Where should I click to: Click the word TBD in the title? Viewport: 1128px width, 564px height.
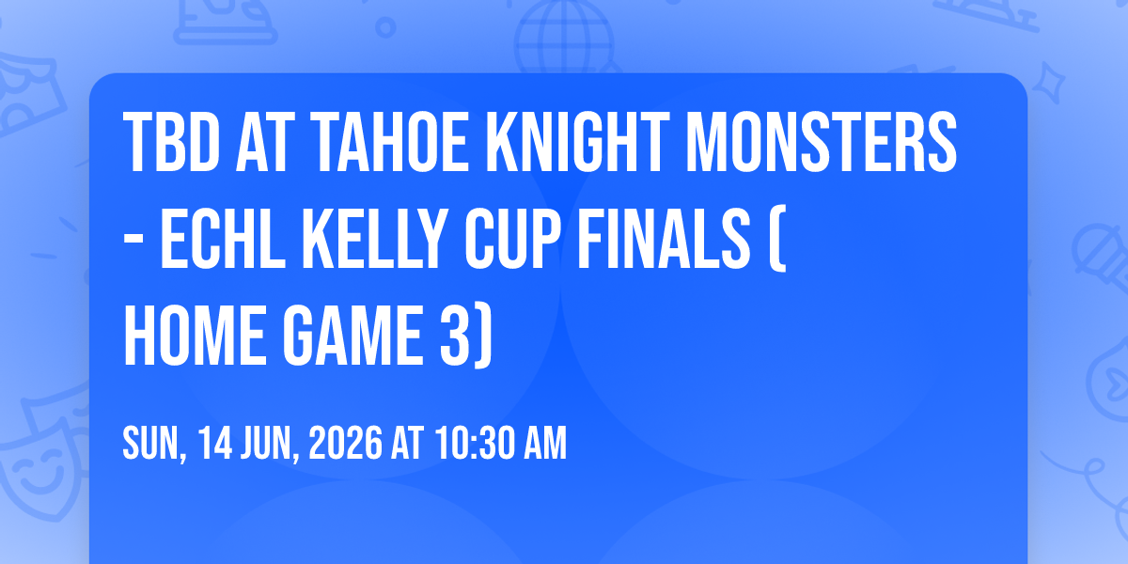coord(172,142)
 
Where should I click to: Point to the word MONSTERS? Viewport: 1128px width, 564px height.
coord(822,142)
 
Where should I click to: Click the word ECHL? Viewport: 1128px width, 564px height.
coord(223,239)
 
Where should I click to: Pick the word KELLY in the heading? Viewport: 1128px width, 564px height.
coord(376,239)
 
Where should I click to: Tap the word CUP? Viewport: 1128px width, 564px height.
coord(512,239)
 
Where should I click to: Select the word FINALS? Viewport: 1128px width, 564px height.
coord(665,239)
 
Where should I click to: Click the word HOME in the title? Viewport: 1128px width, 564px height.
coord(195,336)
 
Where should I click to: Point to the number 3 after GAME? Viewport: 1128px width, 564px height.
coord(454,336)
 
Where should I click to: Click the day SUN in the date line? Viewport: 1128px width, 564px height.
coord(152,443)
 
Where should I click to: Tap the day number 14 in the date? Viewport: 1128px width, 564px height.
coord(214,443)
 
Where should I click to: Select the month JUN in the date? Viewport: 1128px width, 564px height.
coord(267,443)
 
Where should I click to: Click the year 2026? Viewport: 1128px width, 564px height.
coord(346,443)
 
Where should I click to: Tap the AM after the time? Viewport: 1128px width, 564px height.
coord(545,443)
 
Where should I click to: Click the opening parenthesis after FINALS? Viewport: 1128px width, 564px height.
coord(778,239)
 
